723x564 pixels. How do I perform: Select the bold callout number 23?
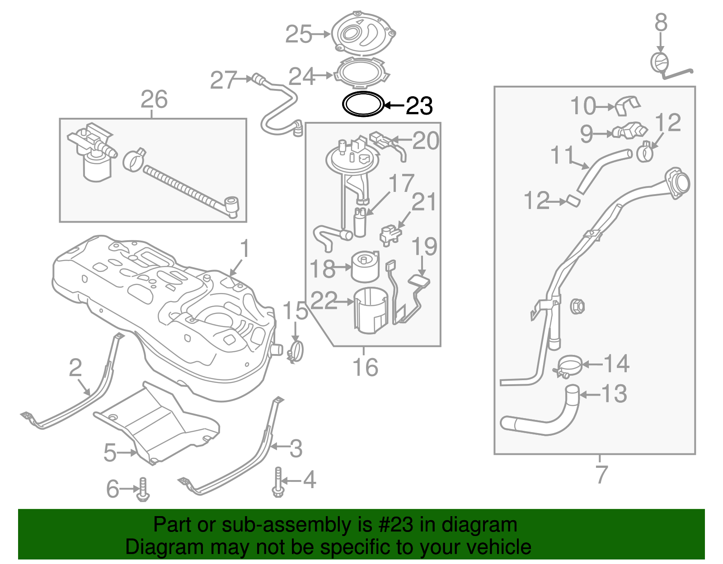point(419,106)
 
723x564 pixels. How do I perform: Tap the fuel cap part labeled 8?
point(659,62)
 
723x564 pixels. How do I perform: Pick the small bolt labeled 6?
point(143,489)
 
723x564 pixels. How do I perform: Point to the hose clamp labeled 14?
point(568,365)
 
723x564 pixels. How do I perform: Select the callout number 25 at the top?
point(299,34)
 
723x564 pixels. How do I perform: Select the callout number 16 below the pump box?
point(365,367)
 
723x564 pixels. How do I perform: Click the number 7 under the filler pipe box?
point(601,474)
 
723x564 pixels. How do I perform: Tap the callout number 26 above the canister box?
point(154,99)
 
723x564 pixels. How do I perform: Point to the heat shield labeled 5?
point(158,424)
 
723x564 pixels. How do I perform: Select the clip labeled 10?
point(628,105)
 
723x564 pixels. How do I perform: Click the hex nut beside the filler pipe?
point(577,306)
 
